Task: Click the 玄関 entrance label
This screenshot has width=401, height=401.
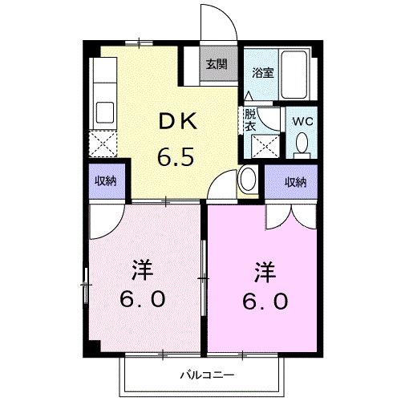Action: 215,65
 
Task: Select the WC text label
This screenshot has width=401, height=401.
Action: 302,121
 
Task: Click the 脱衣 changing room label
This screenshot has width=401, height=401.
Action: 249,119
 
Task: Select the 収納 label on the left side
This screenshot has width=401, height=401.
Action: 105,181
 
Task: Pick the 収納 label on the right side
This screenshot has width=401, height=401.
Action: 296,182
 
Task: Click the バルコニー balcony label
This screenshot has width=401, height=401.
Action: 206,374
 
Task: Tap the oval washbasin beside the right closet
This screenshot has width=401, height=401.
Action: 248,180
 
